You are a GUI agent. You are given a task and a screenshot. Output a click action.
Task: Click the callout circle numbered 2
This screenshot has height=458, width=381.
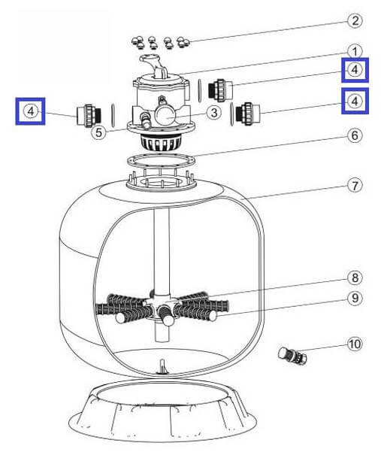355,21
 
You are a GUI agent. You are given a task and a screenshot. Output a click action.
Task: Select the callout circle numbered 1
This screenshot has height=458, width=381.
355,52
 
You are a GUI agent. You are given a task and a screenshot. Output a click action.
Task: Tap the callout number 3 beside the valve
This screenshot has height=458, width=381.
214,113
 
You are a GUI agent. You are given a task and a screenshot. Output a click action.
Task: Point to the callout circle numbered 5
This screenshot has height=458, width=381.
98,132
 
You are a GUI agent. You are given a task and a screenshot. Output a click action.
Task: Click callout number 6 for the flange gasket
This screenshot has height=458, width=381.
355,135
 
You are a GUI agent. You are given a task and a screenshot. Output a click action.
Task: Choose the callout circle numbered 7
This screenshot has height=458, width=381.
355,186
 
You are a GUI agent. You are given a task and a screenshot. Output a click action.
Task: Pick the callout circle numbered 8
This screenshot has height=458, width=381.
355,278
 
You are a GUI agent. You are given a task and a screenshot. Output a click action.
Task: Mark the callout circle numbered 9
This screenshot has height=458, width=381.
355,299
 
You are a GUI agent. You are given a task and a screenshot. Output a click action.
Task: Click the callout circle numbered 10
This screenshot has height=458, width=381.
355,344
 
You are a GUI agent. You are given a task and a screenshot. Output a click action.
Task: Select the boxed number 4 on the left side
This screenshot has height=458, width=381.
30,111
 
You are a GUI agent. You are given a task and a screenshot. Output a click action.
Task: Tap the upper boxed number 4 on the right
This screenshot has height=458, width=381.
355,70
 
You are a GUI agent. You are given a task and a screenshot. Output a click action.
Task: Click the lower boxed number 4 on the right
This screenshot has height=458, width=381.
355,101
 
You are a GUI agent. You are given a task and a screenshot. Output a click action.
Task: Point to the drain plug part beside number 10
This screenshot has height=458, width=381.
292,356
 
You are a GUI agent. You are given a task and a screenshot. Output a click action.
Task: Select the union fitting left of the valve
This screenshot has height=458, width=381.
89,116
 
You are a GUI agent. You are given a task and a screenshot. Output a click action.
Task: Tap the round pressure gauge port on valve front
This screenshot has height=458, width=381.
165,115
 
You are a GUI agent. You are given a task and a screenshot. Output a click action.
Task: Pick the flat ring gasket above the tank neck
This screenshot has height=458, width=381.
161,160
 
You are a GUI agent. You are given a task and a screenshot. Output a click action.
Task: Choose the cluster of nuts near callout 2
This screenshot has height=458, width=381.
160,42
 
